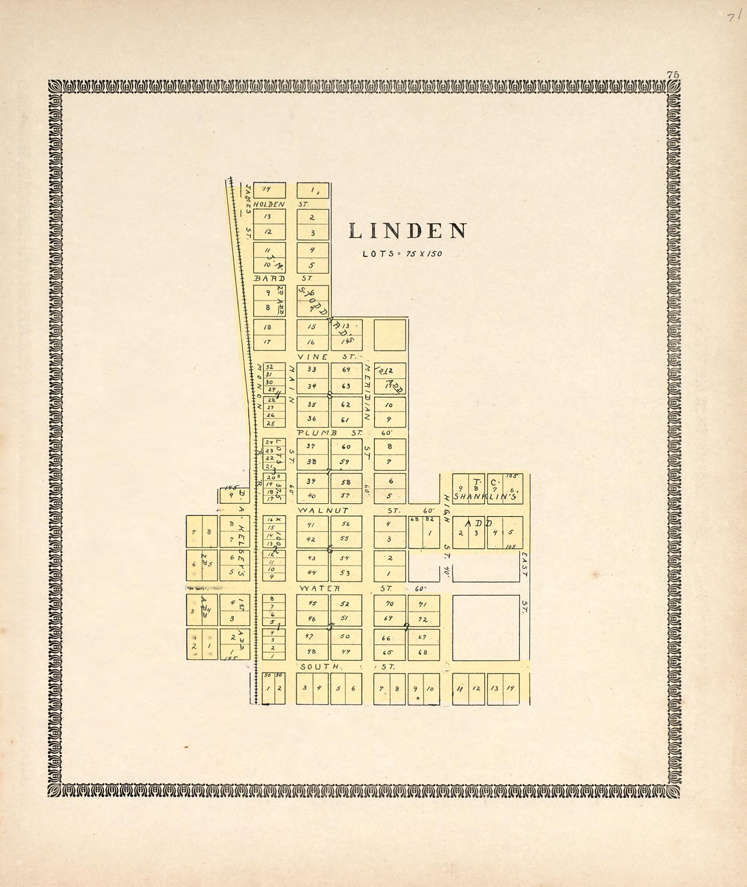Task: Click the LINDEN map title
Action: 408,231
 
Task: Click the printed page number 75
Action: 673,75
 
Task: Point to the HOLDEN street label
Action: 269,204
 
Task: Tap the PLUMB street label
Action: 317,433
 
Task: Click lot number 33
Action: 312,369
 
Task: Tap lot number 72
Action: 423,620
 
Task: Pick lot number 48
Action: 312,651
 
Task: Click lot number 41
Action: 311,524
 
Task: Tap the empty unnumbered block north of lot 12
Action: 390,335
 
